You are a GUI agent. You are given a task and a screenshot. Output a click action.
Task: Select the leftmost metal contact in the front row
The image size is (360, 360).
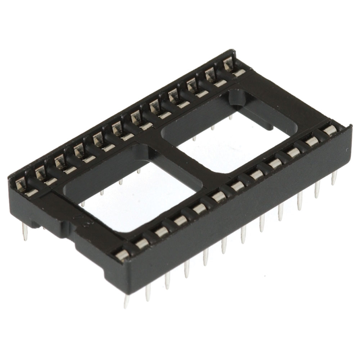click(122, 255)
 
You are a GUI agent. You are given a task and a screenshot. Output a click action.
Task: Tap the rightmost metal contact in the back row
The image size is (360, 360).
click(229, 65)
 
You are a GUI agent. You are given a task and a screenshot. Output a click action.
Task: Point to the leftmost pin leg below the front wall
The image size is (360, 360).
click(127, 301)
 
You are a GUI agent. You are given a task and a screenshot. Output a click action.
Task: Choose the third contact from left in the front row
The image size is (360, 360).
click(161, 231)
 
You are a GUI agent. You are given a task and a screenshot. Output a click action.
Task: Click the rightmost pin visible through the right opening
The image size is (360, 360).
click(231, 117)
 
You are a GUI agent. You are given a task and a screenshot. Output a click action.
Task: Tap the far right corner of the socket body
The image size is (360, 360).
click(349, 127)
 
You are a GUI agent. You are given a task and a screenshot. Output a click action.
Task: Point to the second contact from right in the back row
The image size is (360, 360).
click(210, 76)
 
